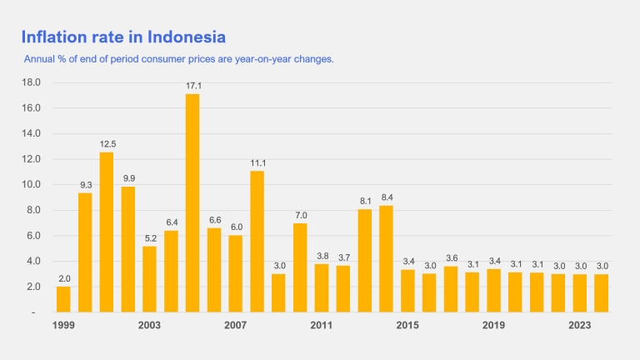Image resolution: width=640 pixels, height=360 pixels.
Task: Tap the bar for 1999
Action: (63, 299)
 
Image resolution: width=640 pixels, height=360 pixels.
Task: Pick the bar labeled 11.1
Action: (257, 241)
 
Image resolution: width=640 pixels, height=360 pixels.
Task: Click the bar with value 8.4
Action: (386, 258)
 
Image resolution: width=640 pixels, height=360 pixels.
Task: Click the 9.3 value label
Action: (85, 185)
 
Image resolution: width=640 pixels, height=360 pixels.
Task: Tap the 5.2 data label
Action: (149, 237)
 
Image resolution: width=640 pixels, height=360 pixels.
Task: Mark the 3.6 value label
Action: (451, 258)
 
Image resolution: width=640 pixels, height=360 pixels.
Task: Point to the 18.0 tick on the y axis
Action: (31, 82)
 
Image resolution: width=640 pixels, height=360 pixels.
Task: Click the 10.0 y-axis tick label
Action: (31, 185)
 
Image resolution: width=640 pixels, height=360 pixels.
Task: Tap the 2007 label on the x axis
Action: (235, 325)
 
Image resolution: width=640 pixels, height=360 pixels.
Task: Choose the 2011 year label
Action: (322, 325)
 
